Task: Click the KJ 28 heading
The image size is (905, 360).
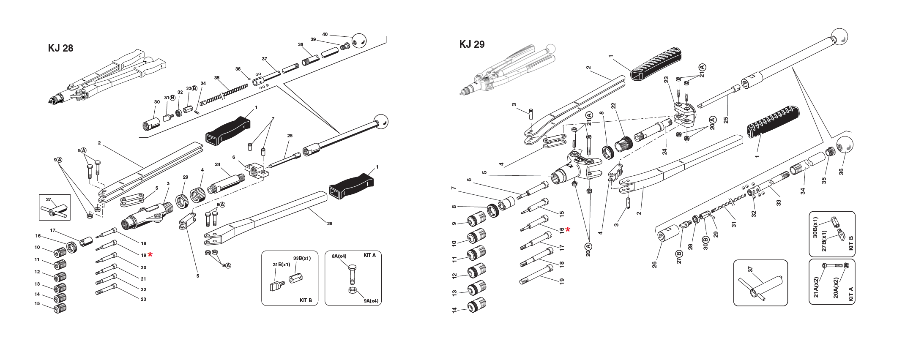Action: (x=61, y=48)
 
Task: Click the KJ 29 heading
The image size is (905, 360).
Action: (x=472, y=44)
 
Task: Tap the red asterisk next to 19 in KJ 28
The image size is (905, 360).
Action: (x=150, y=254)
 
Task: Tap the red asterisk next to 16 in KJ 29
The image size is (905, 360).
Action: (x=568, y=229)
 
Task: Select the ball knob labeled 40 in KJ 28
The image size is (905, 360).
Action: (x=359, y=40)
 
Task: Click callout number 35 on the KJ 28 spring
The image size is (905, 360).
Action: (x=217, y=78)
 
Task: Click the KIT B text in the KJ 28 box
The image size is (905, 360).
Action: (x=306, y=300)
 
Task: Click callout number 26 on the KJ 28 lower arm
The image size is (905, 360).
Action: (x=330, y=223)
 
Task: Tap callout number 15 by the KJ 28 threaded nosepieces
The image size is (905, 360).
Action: (x=37, y=303)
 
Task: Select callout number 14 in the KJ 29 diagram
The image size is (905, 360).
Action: (x=454, y=310)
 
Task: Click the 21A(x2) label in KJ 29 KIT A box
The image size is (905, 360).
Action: (x=816, y=287)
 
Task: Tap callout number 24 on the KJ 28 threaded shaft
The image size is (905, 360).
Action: (x=217, y=165)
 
